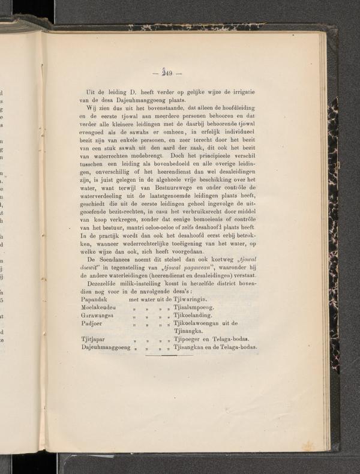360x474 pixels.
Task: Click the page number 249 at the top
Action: [163, 74]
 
